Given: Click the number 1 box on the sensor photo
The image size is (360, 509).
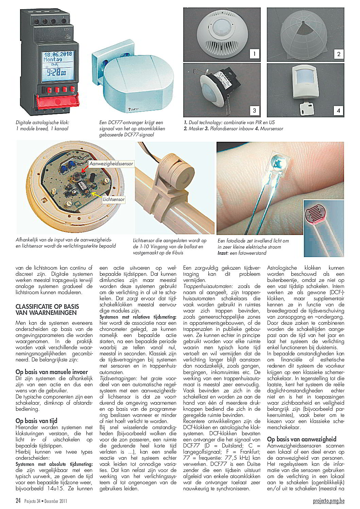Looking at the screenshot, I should (x=254, y=53).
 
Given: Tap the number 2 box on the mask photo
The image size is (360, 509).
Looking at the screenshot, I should (x=339, y=53).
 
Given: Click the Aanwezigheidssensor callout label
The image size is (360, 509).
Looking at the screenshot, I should (x=111, y=164).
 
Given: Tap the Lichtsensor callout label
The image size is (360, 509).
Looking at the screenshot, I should (x=114, y=199).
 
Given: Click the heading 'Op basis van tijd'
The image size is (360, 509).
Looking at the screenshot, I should (x=36, y=421).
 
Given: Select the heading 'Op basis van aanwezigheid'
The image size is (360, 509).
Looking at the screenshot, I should (x=302, y=439).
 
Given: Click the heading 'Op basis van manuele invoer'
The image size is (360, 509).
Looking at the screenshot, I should (x=52, y=372).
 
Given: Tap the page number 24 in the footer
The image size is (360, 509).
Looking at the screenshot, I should (x=18, y=500).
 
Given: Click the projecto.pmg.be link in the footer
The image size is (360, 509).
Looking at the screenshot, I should (x=328, y=500).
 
